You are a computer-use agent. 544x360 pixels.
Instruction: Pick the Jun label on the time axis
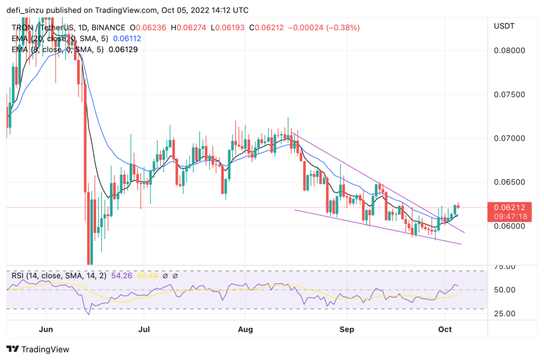coord(45,330)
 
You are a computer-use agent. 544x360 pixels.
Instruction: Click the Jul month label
coord(144,330)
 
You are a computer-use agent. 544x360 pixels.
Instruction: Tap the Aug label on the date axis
coord(245,330)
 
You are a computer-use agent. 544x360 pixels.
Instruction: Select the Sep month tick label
coord(347,330)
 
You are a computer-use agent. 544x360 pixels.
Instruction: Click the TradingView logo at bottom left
coord(38,349)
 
